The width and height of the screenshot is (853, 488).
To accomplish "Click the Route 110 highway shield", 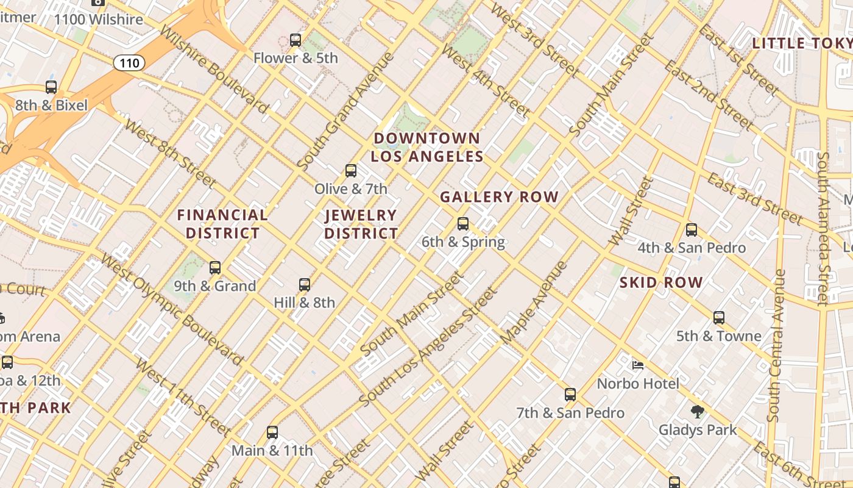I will click(x=129, y=62).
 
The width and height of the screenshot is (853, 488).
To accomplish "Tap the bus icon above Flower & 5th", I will click(x=296, y=40).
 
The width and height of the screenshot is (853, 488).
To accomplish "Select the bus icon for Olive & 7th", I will click(x=351, y=171).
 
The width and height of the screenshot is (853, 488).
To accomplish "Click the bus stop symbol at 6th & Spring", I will click(x=463, y=224).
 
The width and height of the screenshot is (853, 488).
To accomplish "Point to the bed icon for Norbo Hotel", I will click(x=638, y=365).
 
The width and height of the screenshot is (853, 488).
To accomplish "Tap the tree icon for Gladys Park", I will click(x=698, y=412).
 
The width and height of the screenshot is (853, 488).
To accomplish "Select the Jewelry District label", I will click(x=361, y=224).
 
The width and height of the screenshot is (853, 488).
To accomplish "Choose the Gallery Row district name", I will click(x=499, y=197).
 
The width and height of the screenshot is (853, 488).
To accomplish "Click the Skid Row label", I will click(x=661, y=282).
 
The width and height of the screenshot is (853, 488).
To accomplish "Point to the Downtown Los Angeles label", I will click(x=427, y=147).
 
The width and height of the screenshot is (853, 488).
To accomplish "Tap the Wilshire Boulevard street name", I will click(x=214, y=69).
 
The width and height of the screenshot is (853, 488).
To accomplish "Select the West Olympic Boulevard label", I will click(x=172, y=309).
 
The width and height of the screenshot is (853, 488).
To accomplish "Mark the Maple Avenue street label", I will click(x=534, y=303).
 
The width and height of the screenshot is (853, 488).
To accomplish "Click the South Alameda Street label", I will click(x=823, y=228).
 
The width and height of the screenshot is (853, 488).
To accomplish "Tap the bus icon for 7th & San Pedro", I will click(x=570, y=395).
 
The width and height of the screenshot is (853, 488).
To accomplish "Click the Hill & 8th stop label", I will click(x=304, y=303).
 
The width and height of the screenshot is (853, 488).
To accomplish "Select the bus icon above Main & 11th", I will click(x=272, y=432).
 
